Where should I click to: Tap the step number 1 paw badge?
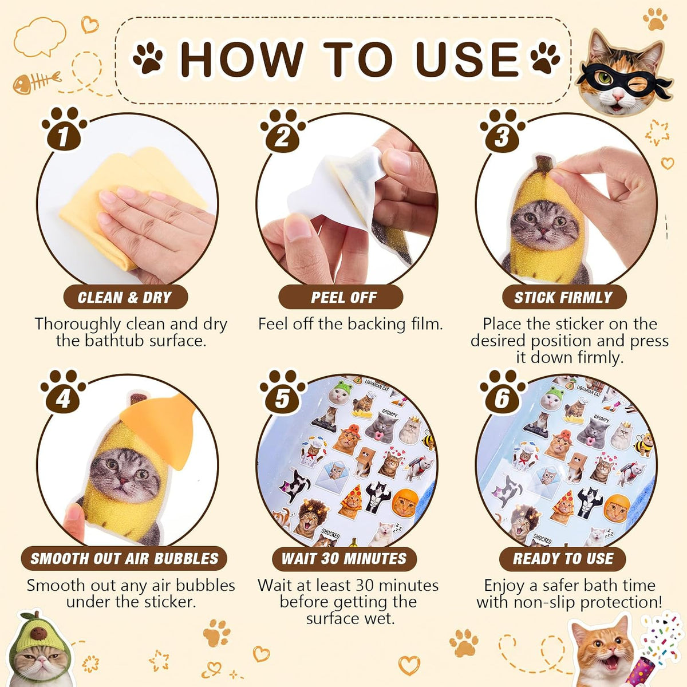64,129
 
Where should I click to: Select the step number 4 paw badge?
63,392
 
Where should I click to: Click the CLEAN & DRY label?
125,297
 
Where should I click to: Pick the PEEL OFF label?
343,297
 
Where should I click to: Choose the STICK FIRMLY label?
563,297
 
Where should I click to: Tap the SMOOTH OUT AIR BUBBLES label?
124,559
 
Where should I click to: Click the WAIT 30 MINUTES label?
343,559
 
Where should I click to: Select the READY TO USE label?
563,559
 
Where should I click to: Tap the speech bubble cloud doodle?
40,37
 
